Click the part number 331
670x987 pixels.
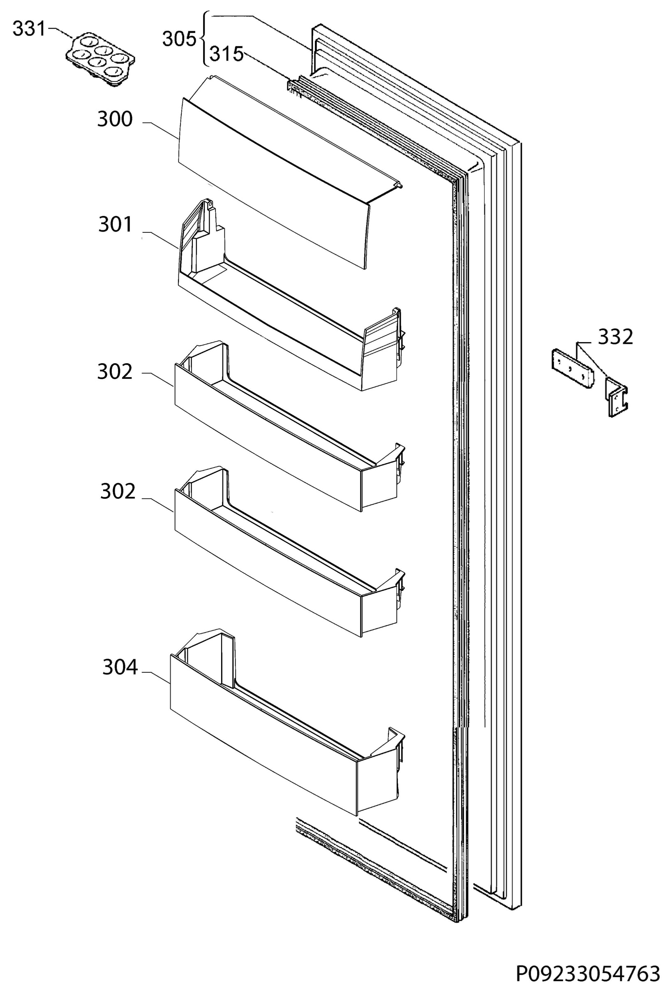coord(28,29)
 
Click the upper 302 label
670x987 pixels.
coord(115,372)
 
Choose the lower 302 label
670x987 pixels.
coord(118,491)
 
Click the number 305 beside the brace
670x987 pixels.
coord(180,39)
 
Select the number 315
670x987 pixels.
coord(227,54)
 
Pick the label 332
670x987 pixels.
coord(616,337)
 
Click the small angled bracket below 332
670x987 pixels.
coord(616,397)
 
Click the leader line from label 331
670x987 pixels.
coord(60,33)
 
